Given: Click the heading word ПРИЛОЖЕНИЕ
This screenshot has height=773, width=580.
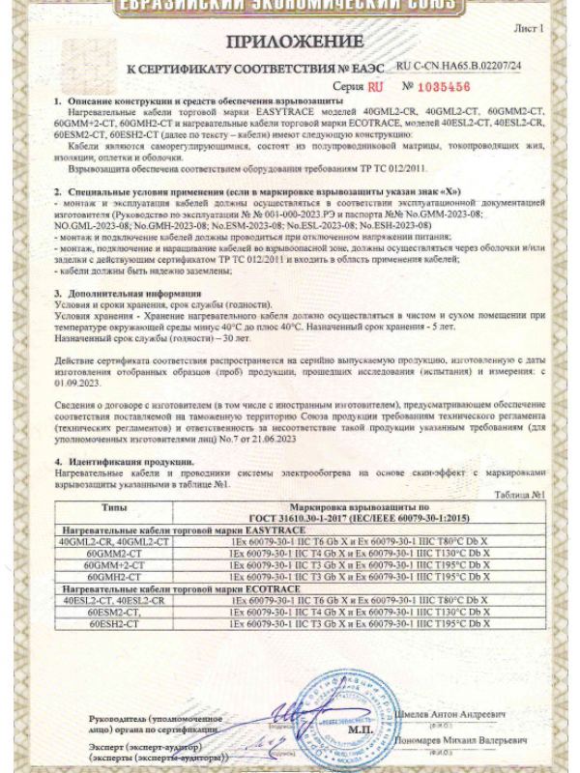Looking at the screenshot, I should pos(290,42).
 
